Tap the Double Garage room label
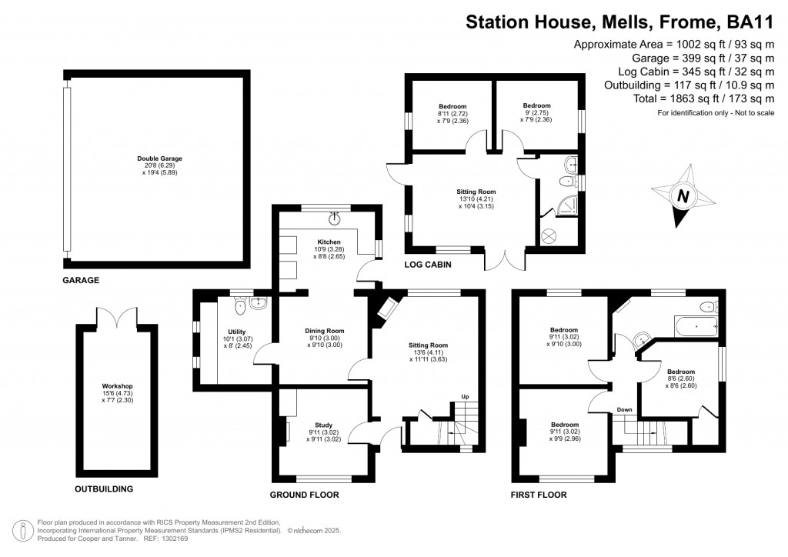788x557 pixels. point(160,158)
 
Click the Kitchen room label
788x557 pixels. point(329,242)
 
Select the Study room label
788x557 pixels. point(324,425)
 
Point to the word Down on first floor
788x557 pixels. point(623,409)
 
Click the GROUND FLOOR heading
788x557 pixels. point(304,495)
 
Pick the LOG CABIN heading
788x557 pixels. point(427,265)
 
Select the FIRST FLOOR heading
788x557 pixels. point(539,495)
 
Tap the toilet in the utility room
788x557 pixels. point(242,307)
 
